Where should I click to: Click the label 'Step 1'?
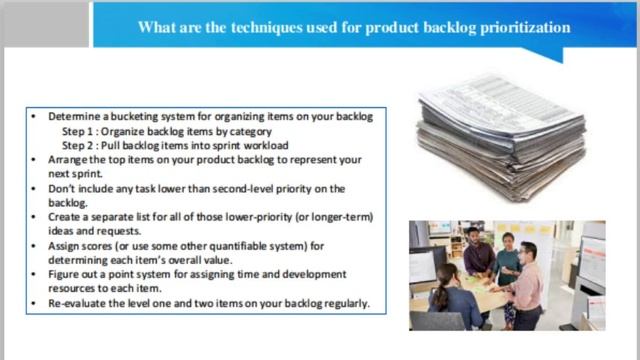pyautogui.click(x=78, y=131)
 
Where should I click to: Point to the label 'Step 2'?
pyautogui.click(x=78, y=145)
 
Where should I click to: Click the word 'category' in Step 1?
pyautogui.click(x=246, y=131)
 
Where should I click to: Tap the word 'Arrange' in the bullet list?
pyautogui.click(x=69, y=159)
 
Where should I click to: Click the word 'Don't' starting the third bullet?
pyautogui.click(x=62, y=188)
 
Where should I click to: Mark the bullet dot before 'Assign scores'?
pyautogui.click(x=37, y=245)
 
